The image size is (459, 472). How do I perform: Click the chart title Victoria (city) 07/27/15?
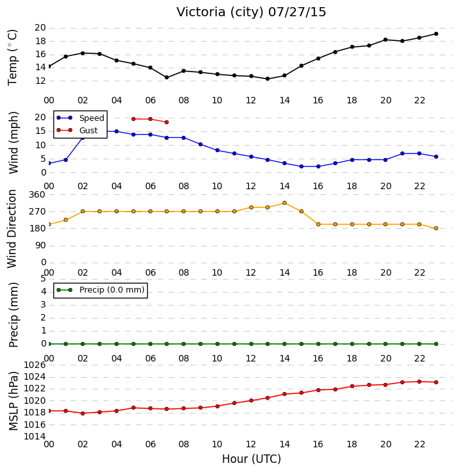(x=251, y=12)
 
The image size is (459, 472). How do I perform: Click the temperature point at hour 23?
(x=436, y=34)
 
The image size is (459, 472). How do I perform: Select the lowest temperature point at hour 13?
(x=268, y=79)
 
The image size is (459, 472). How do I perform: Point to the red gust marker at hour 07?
(x=167, y=122)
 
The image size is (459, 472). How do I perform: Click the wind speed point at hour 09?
(x=201, y=144)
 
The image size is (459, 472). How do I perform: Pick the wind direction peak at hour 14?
(x=285, y=203)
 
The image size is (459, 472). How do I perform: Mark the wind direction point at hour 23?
(x=436, y=228)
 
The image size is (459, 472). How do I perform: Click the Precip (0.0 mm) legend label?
(x=112, y=290)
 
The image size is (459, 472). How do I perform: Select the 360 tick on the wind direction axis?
(x=37, y=195)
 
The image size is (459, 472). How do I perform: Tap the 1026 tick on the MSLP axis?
(x=35, y=365)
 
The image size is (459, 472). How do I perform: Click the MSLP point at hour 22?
(x=419, y=382)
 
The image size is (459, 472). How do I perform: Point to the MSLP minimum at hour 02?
(x=83, y=413)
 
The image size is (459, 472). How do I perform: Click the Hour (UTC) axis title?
(x=251, y=459)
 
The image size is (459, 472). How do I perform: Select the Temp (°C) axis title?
(x=12, y=57)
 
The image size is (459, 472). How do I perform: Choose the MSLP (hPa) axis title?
(x=14, y=401)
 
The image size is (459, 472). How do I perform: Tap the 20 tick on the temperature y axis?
(x=40, y=28)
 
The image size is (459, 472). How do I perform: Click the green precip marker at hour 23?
(x=436, y=344)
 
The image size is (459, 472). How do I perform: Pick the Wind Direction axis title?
(x=12, y=229)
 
